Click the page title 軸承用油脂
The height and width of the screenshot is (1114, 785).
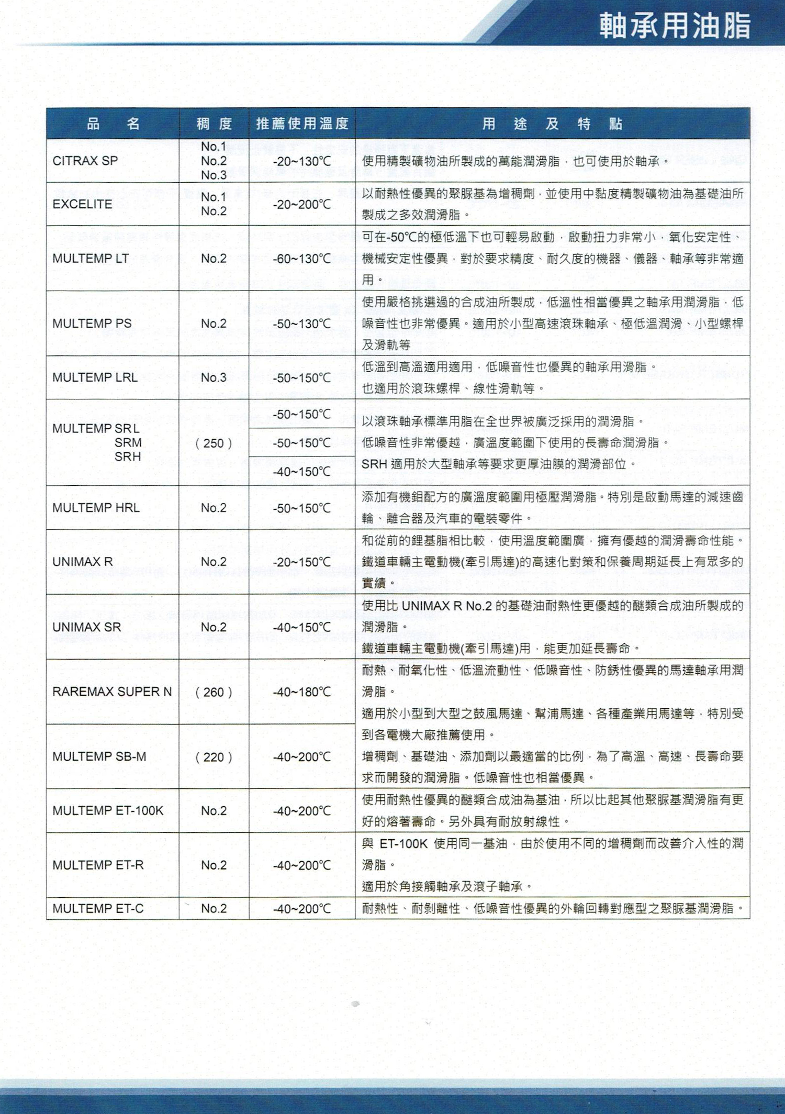[675, 26]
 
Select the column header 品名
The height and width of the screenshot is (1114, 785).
[113, 124]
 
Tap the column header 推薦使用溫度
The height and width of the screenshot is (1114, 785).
[302, 124]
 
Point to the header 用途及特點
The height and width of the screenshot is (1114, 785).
[552, 124]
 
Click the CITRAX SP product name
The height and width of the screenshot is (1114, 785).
[85, 161]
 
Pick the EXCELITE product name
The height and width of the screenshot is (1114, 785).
[82, 204]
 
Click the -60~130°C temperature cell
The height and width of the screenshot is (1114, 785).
[302, 259]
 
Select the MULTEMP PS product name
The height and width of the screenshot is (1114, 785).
[92, 324]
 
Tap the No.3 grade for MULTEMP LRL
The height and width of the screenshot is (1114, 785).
[214, 377]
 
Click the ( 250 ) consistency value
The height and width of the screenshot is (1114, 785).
[214, 443]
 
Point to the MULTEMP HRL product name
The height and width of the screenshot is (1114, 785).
[96, 508]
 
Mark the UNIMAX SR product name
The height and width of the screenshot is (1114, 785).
[86, 627]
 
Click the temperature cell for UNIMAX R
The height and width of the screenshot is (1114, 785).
[302, 562]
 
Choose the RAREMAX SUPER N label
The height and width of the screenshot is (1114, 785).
[112, 692]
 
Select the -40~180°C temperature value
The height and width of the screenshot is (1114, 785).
[302, 692]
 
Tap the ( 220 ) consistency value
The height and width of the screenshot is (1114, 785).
[214, 757]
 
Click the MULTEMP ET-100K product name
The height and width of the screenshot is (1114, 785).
[108, 810]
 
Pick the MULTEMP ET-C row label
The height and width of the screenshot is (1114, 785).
[98, 908]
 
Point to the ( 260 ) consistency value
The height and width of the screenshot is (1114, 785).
[214, 692]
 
